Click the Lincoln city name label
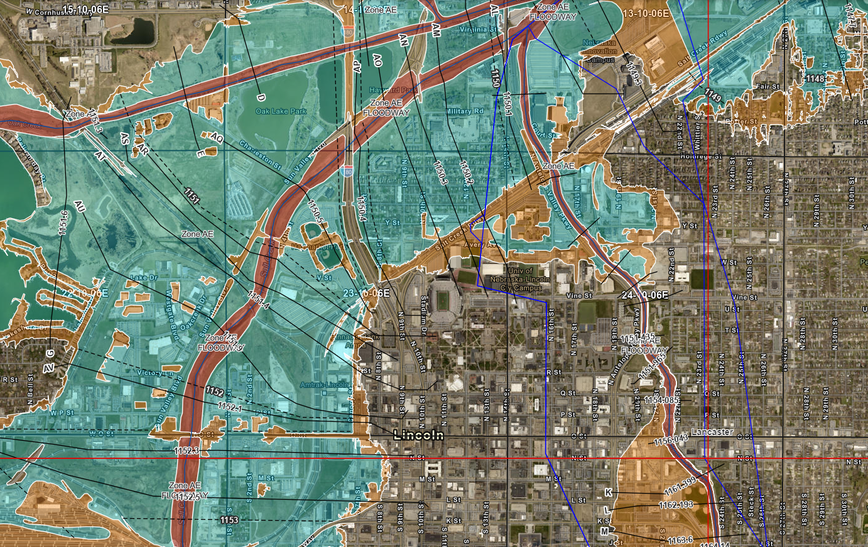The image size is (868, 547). [x=418, y=435]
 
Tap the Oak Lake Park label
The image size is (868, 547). [x=281, y=111]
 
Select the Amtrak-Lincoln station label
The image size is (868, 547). [x=324, y=384]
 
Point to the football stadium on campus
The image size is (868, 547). [x=445, y=301]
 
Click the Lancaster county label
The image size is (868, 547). [x=712, y=432]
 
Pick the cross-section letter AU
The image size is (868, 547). [x=79, y=206]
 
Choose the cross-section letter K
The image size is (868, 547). [x=607, y=491]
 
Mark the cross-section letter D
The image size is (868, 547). [x=261, y=97]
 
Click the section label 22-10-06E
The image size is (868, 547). [x=85, y=294]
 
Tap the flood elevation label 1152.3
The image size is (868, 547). [x=186, y=450]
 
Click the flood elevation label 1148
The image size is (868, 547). [x=815, y=79]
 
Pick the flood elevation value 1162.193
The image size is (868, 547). [x=675, y=505]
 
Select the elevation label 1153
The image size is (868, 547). [x=229, y=520]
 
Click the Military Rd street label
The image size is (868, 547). [x=465, y=111]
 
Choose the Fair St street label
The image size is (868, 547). [x=768, y=87]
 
